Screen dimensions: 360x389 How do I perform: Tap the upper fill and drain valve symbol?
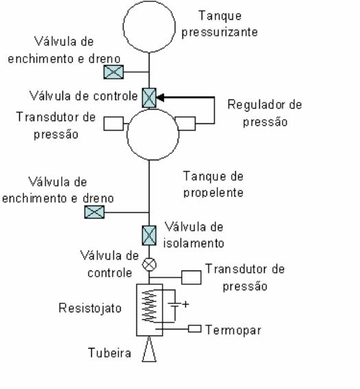pyautogui.click(x=114, y=72)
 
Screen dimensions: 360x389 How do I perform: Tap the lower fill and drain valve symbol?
pyautogui.click(x=95, y=212)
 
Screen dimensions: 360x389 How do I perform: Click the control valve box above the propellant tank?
pyautogui.click(x=149, y=98)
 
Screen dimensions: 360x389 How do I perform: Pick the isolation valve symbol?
pyautogui.click(x=149, y=236)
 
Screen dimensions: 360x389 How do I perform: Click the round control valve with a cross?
pyautogui.click(x=149, y=264)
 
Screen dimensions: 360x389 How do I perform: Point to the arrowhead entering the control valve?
pyautogui.click(x=160, y=97)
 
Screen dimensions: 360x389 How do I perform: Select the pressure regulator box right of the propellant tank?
pyautogui.click(x=186, y=123)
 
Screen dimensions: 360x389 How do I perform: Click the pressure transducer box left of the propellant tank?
pyautogui.click(x=114, y=123)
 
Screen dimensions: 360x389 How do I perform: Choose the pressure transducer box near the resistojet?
pyautogui.click(x=191, y=277)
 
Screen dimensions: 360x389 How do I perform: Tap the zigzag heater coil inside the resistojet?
pyautogui.click(x=149, y=305)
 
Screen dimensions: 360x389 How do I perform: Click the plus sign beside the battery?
pyautogui.click(x=186, y=304)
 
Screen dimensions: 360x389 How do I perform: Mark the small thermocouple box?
pyautogui.click(x=195, y=329)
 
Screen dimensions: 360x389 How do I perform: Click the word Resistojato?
pyautogui.click(x=90, y=308)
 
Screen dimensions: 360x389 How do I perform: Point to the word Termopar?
pyautogui.click(x=233, y=330)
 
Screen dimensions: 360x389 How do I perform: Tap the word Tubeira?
pyautogui.click(x=109, y=353)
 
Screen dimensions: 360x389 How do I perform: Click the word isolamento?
pyautogui.click(x=193, y=243)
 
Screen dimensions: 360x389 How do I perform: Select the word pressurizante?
pyautogui.click(x=219, y=32)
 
